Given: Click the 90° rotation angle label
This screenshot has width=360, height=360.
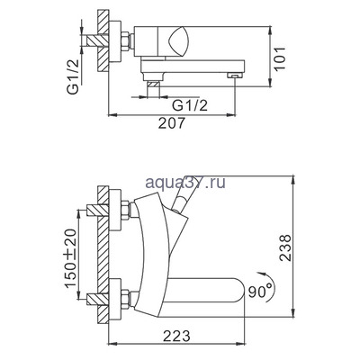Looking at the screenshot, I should coord(260,292).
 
